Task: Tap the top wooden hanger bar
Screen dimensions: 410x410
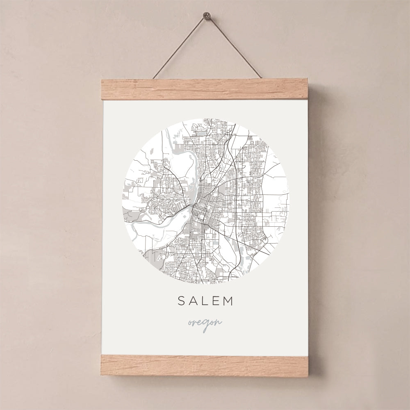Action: pyautogui.click(x=205, y=89)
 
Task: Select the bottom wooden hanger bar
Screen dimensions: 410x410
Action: pyautogui.click(x=205, y=365)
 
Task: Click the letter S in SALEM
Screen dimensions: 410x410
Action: pyautogui.click(x=181, y=301)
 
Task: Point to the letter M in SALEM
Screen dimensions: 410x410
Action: pyautogui.click(x=228, y=301)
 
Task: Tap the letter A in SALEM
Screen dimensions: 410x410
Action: pyautogui.click(x=193, y=301)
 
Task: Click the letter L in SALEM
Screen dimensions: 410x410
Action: pyautogui.click(x=205, y=301)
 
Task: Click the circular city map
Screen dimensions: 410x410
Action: pyautogui.click(x=205, y=201)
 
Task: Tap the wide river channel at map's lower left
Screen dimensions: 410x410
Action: pyautogui.click(x=156, y=223)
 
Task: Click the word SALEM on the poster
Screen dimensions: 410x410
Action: pyautogui.click(x=205, y=301)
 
